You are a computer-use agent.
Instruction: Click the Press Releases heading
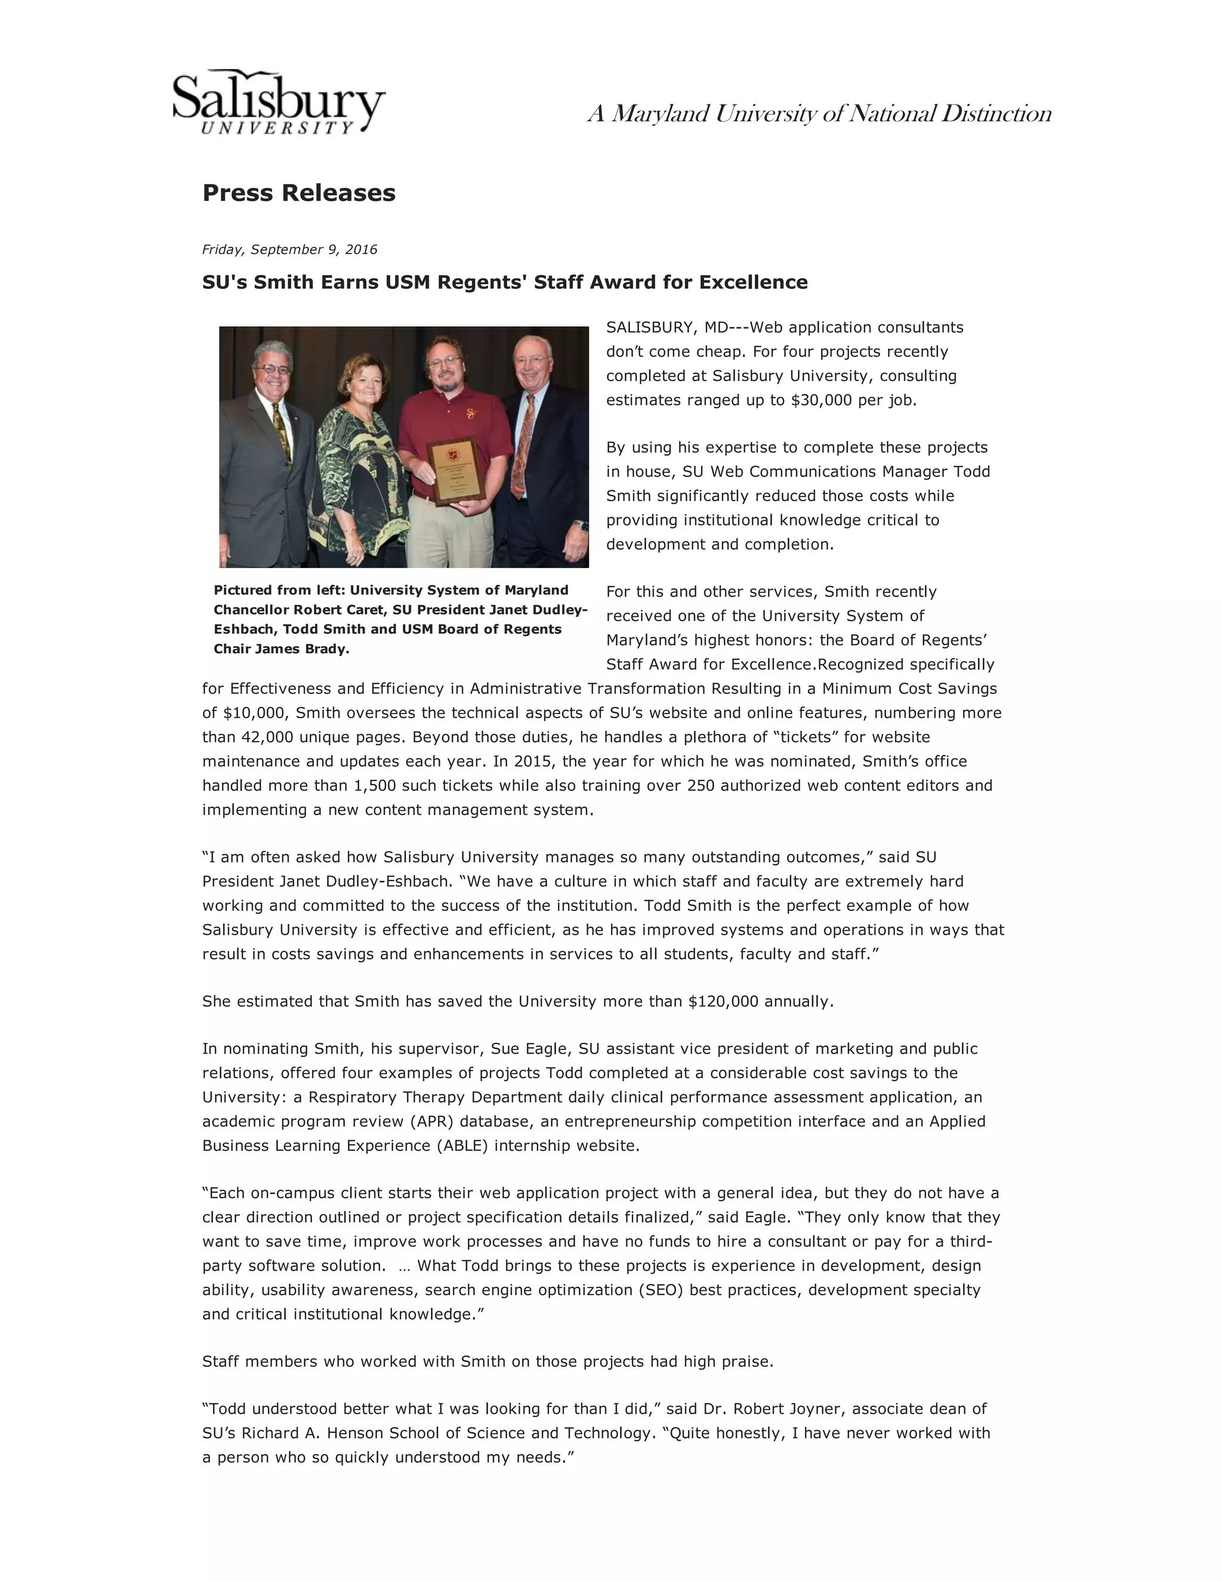tap(298, 193)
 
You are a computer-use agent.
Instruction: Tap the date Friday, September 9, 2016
tap(289, 250)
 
